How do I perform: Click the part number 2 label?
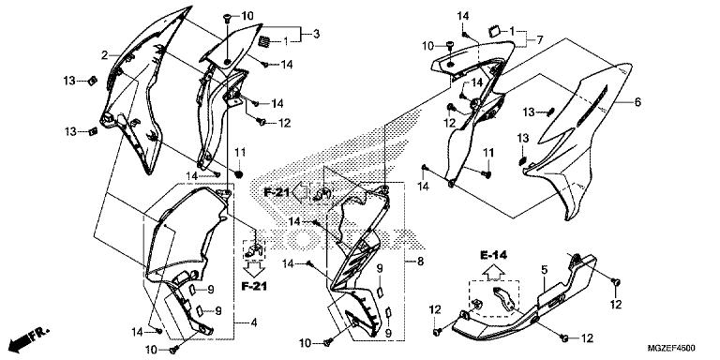pos(105,55)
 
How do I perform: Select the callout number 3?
pos(316,34)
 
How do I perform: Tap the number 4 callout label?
pos(254,323)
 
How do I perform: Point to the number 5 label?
pos(544,270)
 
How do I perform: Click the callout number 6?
pos(637,102)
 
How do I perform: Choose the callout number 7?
pos(540,40)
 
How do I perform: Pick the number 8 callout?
pos(421,262)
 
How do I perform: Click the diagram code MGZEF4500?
pos(671,348)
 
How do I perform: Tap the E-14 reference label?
pos(494,255)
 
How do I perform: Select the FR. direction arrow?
pos(30,337)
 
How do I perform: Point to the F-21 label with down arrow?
pos(254,286)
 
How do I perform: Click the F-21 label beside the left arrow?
pos(277,192)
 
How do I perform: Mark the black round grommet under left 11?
pos(238,174)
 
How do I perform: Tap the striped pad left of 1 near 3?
pos(265,41)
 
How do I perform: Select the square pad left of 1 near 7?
pos(494,31)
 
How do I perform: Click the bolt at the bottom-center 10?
pos(328,342)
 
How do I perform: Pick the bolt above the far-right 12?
pos(617,281)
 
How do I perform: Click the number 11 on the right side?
pos(487,153)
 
